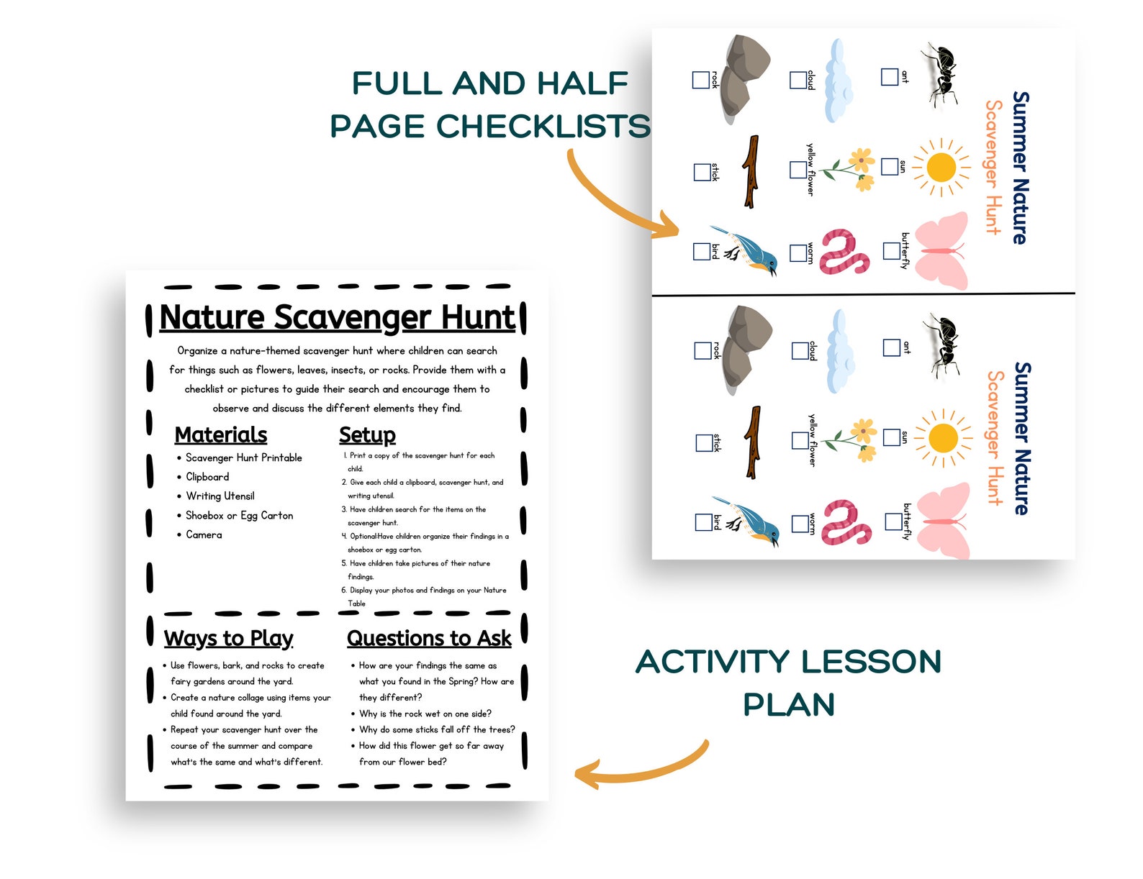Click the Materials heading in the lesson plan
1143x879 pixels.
tap(220, 435)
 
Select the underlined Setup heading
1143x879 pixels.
tap(367, 435)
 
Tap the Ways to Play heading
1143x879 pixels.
tap(228, 639)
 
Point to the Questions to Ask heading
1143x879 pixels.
tap(429, 639)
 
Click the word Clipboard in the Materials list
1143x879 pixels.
tap(207, 477)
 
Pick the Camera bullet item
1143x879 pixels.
tap(204, 535)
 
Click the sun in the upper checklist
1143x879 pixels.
tap(941, 168)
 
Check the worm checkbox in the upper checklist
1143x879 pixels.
tap(798, 253)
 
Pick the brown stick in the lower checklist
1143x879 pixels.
tap(753, 442)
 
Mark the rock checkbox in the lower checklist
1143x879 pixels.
tap(702, 350)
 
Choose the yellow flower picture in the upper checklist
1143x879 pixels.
tap(853, 170)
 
